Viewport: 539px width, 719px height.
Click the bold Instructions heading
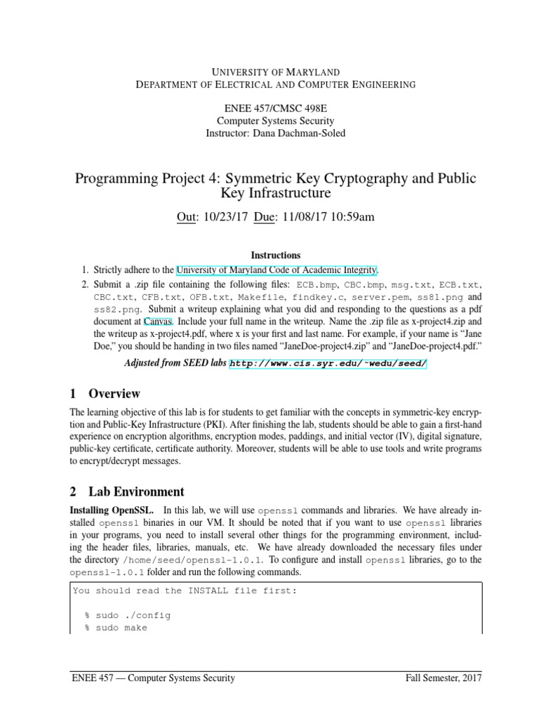pos(276,256)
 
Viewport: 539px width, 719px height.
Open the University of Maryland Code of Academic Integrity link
pos(278,270)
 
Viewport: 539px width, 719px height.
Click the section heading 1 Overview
pos(106,393)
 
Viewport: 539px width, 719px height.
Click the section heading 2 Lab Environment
pos(128,492)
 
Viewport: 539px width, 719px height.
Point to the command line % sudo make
pos(117,628)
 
